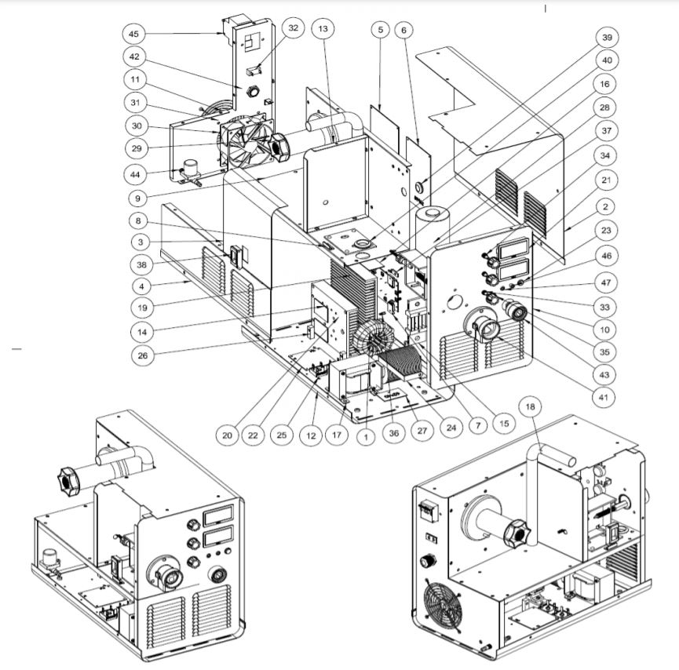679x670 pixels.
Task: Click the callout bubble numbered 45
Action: click(133, 34)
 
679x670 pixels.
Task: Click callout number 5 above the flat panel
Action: click(380, 29)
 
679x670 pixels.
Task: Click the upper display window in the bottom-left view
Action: click(216, 515)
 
